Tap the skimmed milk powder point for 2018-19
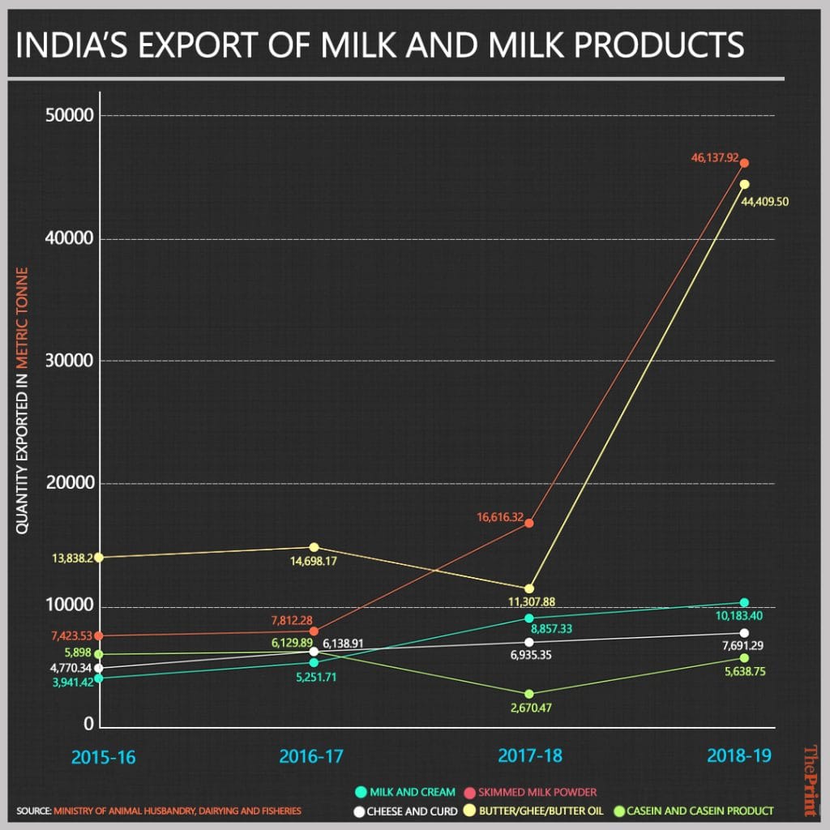click(x=744, y=163)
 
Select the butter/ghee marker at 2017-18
click(x=529, y=588)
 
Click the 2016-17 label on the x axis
click(x=311, y=757)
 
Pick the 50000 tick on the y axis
click(x=67, y=115)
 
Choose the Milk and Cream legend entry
click(x=405, y=792)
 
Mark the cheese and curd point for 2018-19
click(x=744, y=632)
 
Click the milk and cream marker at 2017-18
click(x=529, y=618)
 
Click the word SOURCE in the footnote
click(x=33, y=810)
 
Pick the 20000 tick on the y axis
click(x=67, y=484)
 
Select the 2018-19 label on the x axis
click(x=738, y=757)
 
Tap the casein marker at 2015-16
click(x=98, y=653)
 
